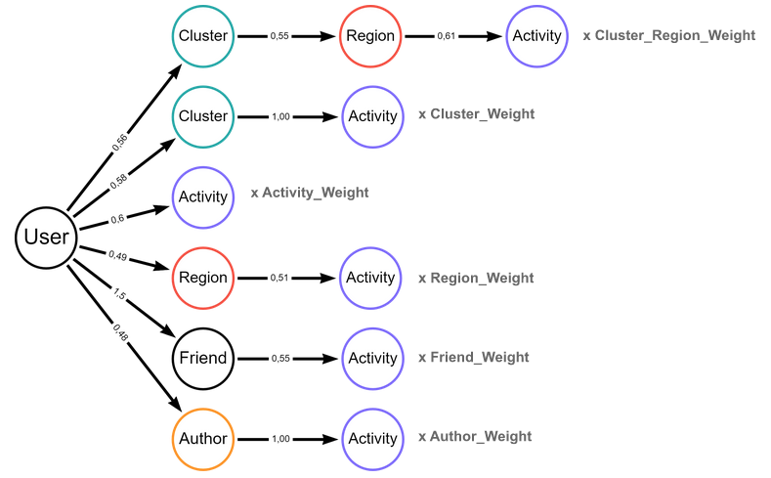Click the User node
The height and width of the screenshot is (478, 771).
click(46, 237)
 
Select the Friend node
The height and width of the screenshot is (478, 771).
click(202, 358)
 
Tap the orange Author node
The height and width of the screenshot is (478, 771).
click(202, 438)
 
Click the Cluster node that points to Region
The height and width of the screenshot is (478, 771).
click(202, 36)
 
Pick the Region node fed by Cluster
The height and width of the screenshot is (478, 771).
click(370, 36)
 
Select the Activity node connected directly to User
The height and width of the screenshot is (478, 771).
click(202, 196)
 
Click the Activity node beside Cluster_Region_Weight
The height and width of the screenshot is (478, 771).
click(536, 36)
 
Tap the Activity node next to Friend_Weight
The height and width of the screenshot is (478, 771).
click(371, 358)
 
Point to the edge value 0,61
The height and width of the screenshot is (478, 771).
click(447, 36)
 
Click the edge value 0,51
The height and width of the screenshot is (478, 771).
click(279, 278)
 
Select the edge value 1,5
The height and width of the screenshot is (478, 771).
click(119, 293)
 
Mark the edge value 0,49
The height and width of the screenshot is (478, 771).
click(117, 256)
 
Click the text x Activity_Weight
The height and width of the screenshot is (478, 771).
click(310, 194)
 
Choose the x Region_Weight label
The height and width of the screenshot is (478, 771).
click(476, 279)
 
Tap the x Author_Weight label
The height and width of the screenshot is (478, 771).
click(475, 437)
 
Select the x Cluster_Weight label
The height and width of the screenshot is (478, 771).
click(476, 114)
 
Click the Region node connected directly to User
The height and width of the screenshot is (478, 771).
click(202, 278)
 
